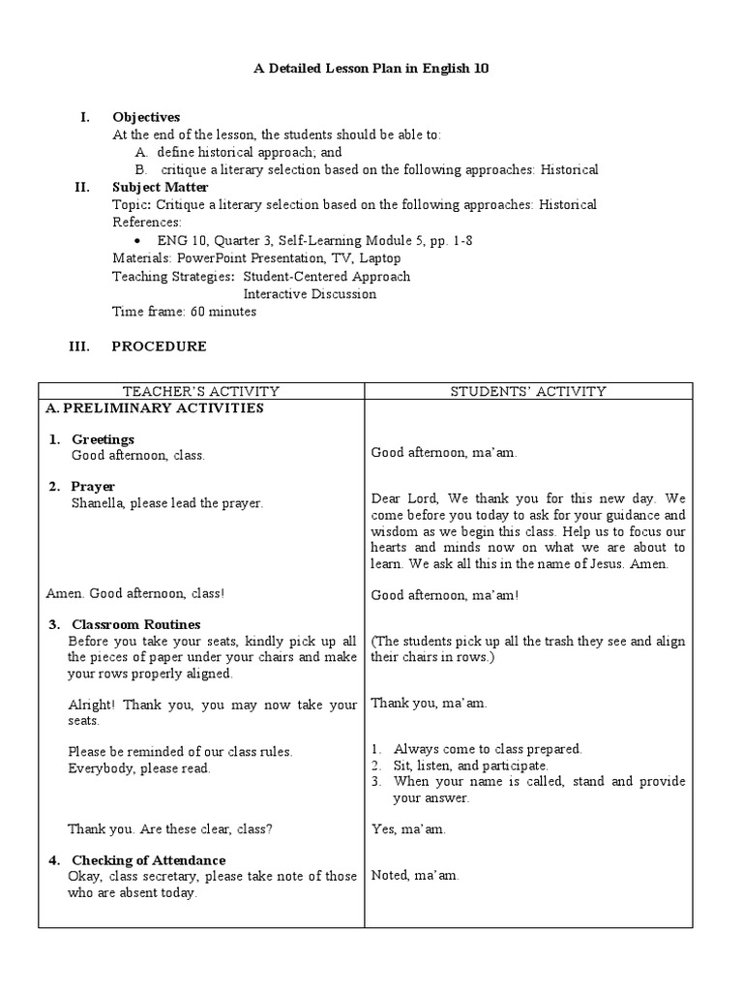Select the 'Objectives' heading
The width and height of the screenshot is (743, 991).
(146, 117)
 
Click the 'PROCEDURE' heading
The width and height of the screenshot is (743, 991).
(159, 346)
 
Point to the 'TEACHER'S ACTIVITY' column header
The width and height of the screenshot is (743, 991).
(201, 391)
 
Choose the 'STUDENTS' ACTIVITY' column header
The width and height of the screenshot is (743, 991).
(528, 391)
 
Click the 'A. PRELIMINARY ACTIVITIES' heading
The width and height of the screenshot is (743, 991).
(154, 408)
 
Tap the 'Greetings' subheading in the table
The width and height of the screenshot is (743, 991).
(103, 439)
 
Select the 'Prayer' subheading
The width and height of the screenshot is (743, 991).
(93, 486)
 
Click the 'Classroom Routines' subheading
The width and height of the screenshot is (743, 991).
(136, 624)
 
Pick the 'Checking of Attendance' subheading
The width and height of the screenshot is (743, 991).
(149, 860)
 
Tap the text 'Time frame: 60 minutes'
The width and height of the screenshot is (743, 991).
(185, 312)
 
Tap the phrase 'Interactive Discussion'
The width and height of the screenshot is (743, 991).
(310, 294)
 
